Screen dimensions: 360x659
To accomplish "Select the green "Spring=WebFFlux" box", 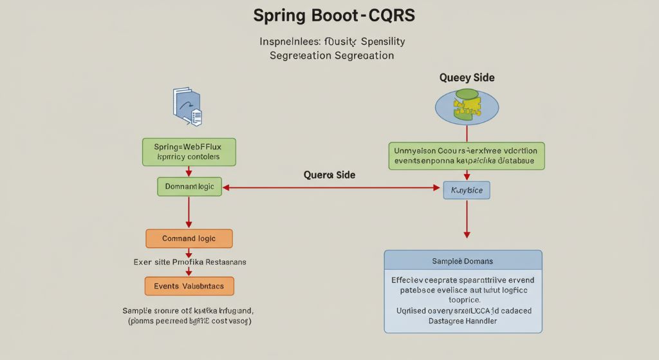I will [x=189, y=151].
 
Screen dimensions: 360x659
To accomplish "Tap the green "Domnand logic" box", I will [x=189, y=187].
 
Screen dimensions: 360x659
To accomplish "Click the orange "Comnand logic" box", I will [x=189, y=238].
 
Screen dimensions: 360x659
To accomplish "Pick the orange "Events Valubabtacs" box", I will [x=189, y=285].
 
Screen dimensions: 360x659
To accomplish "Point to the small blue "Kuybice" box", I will [x=467, y=190].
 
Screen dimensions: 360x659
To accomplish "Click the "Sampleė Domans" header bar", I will [x=463, y=260].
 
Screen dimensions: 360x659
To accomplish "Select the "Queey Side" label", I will [x=467, y=77].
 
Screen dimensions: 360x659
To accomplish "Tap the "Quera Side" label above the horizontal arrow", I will [x=329, y=175].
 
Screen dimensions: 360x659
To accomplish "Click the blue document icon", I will [x=187, y=106].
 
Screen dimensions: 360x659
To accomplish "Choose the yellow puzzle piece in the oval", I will [x=467, y=106].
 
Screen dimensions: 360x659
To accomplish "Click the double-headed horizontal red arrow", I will [x=331, y=187].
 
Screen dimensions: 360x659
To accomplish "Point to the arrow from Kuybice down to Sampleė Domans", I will [x=467, y=219].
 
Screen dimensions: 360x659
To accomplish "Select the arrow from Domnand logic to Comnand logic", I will [x=189, y=213].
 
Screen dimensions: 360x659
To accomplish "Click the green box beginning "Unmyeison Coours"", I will [x=467, y=156].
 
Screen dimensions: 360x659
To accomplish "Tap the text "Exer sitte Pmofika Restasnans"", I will [x=189, y=262].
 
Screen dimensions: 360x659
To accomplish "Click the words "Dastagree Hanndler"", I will [x=463, y=321].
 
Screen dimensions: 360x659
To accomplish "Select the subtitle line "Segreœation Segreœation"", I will [x=331, y=55].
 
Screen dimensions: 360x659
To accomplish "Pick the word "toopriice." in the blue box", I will [x=463, y=299].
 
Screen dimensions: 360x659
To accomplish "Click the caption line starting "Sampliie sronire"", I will [x=187, y=310].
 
